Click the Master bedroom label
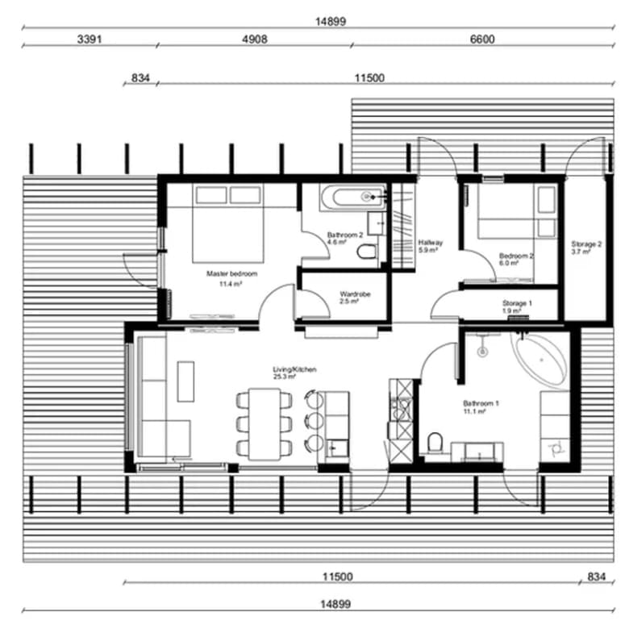tap(231, 274)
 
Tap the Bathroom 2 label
tap(345, 235)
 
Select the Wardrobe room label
tap(355, 294)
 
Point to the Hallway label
tap(431, 243)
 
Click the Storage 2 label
tap(586, 244)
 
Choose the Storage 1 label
tap(517, 303)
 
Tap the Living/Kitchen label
tap(294, 369)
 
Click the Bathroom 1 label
tap(481, 403)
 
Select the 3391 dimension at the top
tap(90, 40)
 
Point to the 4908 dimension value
tap(255, 40)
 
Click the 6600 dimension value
tap(482, 40)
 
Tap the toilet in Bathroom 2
tap(366, 252)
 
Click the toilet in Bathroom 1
tap(434, 444)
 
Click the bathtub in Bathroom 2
tap(352, 198)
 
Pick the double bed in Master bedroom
tap(228, 223)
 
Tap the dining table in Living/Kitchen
tap(265, 424)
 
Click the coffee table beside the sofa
tap(185, 381)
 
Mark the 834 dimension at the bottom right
tap(596, 577)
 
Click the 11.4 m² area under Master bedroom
tap(231, 285)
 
